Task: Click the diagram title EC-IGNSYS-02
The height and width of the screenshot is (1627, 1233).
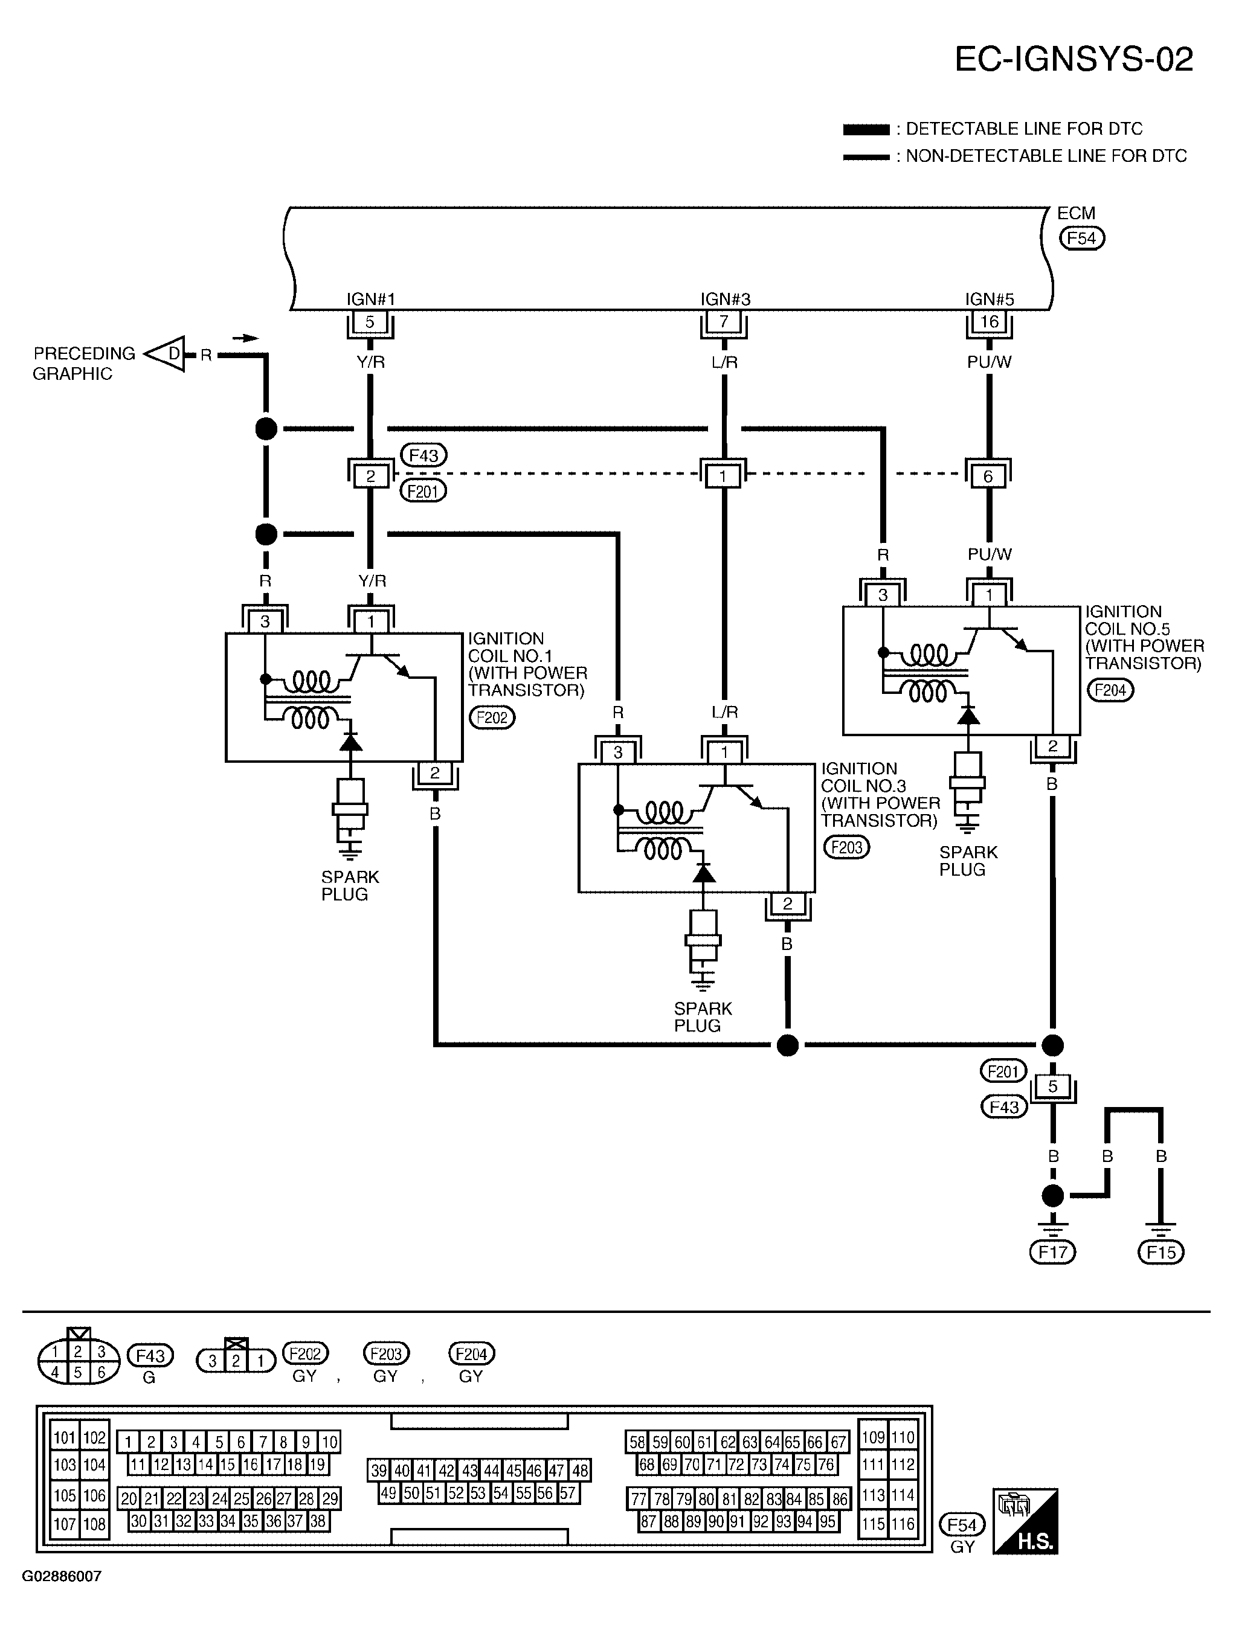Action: (x=1074, y=59)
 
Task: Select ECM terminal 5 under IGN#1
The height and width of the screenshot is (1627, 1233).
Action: (x=370, y=322)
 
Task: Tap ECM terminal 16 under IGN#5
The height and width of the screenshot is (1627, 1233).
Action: (x=989, y=322)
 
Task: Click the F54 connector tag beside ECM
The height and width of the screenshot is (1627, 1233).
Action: (x=1081, y=239)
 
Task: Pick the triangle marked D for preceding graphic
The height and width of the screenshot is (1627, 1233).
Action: (x=165, y=354)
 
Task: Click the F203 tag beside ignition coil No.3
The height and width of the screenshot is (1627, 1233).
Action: (x=846, y=847)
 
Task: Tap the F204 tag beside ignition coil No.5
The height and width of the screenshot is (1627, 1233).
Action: (x=1110, y=690)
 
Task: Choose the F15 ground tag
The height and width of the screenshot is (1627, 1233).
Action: (x=1161, y=1252)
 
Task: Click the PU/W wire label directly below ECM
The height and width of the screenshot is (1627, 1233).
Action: (x=989, y=362)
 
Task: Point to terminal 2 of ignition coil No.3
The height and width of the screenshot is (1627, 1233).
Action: (x=788, y=903)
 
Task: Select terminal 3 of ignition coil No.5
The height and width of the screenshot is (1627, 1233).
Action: (x=883, y=595)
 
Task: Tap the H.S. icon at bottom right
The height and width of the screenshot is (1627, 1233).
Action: (x=1026, y=1521)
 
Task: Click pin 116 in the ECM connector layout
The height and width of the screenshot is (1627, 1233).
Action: (x=903, y=1523)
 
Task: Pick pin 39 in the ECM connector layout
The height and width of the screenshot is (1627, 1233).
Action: (x=379, y=1471)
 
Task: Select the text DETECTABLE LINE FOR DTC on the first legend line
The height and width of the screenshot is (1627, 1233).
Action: (x=1024, y=129)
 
